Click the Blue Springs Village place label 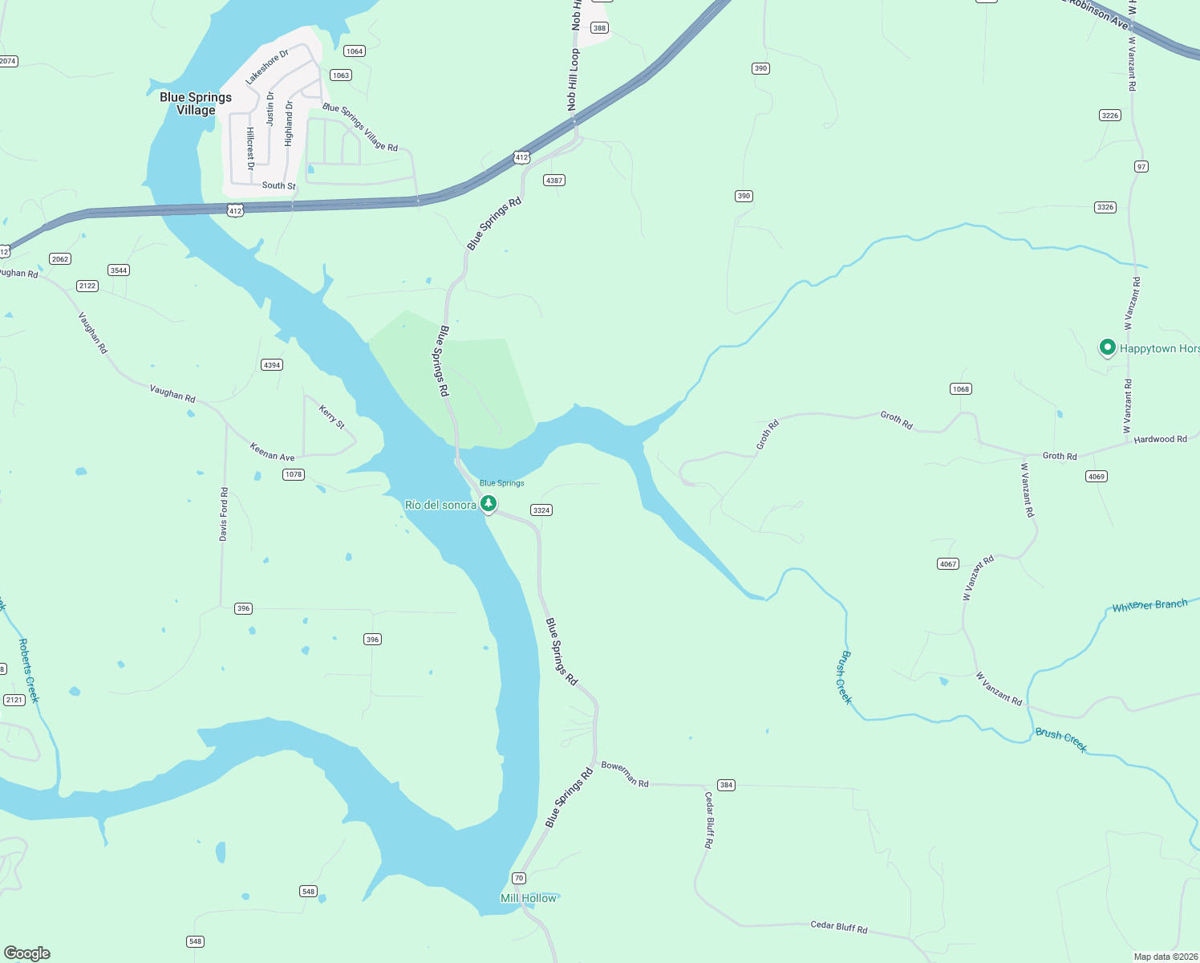(196, 104)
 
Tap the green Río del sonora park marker (488, 503)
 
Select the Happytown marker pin (1108, 347)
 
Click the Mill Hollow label (528, 898)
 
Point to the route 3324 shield (541, 510)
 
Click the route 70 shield (519, 878)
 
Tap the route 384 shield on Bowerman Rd (726, 785)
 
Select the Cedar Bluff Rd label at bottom (838, 927)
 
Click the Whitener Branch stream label (1149, 605)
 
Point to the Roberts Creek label (28, 670)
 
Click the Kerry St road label (331, 417)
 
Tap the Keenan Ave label (272, 452)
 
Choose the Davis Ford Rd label (224, 514)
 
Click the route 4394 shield (272, 365)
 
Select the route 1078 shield (294, 474)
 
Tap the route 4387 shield (554, 181)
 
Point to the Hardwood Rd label (1160, 439)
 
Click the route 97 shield (1141, 167)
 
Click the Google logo (27, 953)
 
